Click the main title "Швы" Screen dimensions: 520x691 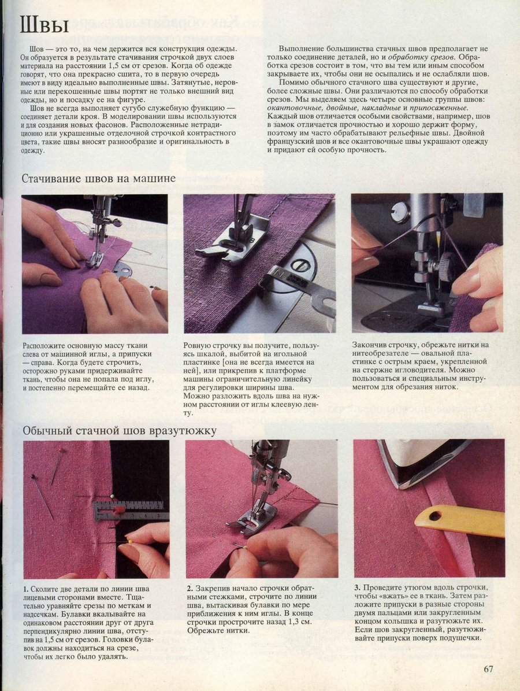click(x=44, y=26)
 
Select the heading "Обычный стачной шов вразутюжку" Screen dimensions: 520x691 click(x=120, y=430)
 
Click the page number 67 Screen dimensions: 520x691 click(x=488, y=668)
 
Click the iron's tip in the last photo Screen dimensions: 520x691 click(x=399, y=486)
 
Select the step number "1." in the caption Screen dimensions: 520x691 click(x=26, y=589)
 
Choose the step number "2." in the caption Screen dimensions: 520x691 click(x=190, y=589)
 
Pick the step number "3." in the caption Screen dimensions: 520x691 click(x=358, y=587)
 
